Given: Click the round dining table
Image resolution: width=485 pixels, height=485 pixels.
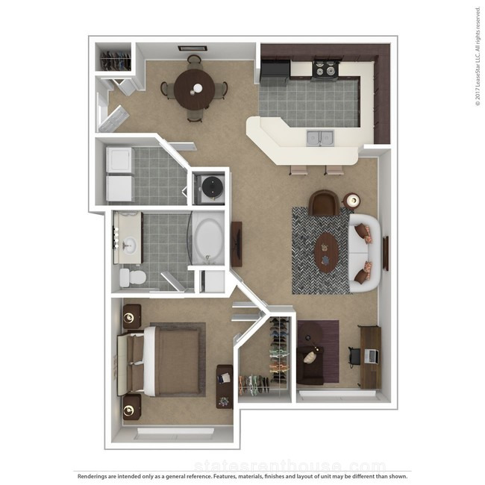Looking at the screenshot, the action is click(194, 89).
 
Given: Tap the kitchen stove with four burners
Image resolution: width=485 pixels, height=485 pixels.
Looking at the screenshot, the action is click(325, 69).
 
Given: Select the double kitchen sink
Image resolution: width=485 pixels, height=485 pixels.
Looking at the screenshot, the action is click(320, 138).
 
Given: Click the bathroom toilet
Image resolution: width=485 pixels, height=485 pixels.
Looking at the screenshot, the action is click(133, 277).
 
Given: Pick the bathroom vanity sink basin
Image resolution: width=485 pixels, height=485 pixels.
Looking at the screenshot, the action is click(129, 245).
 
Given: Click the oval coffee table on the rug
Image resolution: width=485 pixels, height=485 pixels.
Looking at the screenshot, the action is click(326, 252).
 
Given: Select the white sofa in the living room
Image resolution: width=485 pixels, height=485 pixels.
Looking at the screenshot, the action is click(364, 254).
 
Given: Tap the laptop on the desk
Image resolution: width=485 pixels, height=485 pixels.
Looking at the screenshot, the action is click(371, 356).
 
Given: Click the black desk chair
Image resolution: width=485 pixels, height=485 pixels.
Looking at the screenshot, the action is click(354, 357).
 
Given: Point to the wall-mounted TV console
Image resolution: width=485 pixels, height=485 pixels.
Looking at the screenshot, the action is click(237, 244).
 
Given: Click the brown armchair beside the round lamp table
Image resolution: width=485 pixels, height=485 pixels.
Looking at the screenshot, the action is click(324, 203).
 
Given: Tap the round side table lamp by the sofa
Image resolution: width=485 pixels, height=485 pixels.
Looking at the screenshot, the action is click(353, 201).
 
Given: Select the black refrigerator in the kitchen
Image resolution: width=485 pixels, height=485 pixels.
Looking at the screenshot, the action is click(275, 69).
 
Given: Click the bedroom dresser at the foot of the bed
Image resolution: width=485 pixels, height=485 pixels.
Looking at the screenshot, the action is click(225, 387).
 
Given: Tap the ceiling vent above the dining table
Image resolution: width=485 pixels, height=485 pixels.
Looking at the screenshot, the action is click(193, 48).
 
